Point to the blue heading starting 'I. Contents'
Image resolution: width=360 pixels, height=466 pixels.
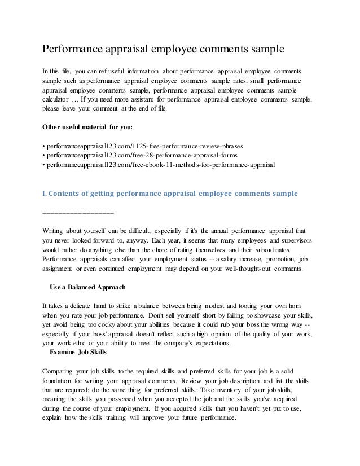point(170,194)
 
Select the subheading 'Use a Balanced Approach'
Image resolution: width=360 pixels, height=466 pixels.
point(87,287)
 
